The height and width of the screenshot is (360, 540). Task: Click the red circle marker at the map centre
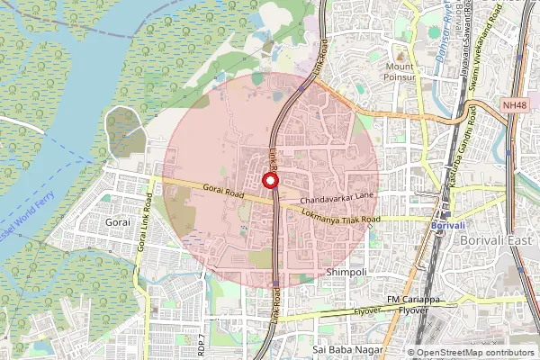point(269,181)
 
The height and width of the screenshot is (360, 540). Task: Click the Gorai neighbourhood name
point(118,220)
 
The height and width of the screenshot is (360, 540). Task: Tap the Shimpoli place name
point(345,271)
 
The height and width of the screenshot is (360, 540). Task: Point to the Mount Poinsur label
point(400,72)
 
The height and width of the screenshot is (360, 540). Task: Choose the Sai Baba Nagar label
point(346,348)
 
